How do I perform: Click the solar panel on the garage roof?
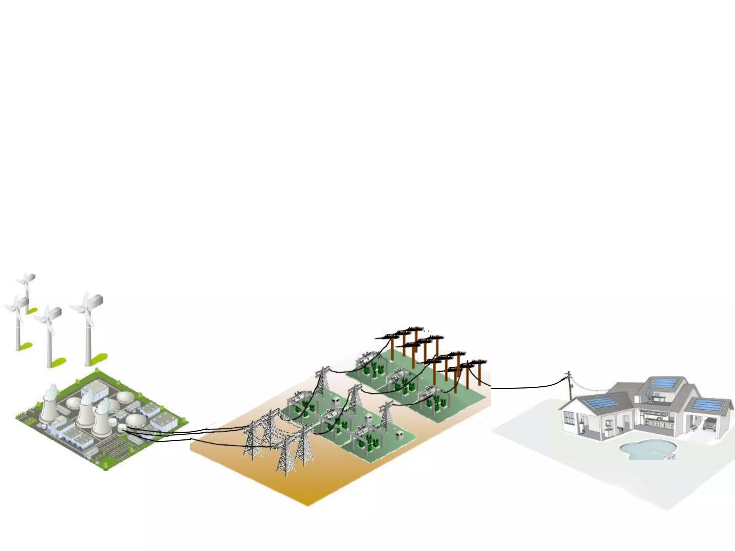tap(707, 405)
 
